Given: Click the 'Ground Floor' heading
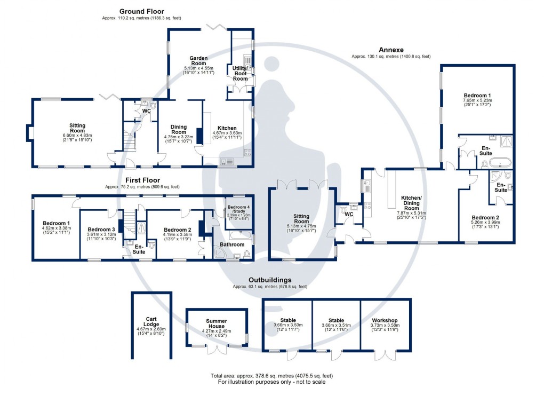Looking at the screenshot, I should coord(141,11).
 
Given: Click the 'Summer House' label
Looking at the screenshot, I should coord(217,323).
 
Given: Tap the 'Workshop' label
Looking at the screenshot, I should coord(386,320).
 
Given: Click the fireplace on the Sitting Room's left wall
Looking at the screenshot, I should coord(30,131).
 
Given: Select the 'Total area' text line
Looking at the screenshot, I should coord(272,375).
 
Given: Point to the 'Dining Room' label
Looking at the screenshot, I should coord(179,129).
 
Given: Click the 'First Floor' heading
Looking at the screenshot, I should coord(142,180).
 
